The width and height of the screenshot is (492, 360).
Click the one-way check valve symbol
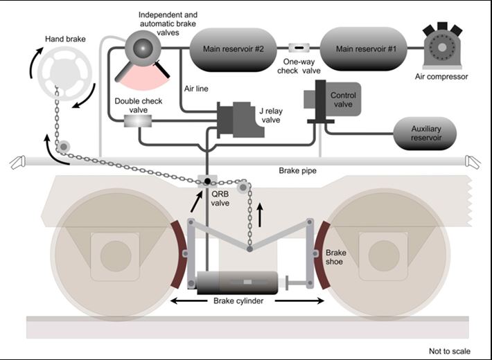pos(299,48)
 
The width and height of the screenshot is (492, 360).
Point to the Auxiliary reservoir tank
pos(425,134)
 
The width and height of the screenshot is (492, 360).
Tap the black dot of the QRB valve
pos(207,181)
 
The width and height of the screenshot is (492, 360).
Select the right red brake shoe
pos(320,255)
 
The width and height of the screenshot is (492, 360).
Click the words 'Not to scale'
pos(449,351)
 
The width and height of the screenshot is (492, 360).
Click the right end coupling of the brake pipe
pos(473,163)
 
